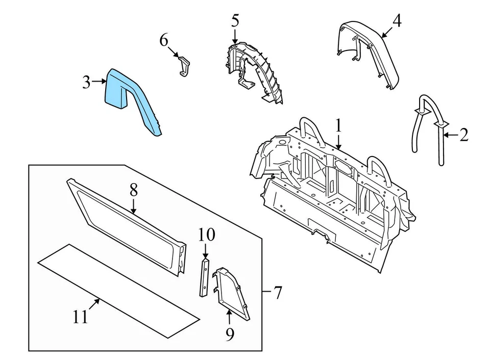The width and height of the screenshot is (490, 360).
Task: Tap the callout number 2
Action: [463, 135]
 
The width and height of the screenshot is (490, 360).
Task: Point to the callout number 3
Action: [87, 82]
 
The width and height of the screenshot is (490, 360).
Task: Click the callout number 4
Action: [397, 21]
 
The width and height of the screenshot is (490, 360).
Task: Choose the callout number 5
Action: [234, 21]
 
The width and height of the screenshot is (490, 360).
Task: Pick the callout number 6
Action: [163, 40]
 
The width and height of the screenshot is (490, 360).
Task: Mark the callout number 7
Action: [277, 293]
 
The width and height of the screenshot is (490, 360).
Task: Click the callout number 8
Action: [133, 191]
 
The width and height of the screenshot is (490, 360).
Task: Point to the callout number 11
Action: [80, 317]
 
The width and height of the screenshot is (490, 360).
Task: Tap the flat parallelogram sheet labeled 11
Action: [117, 291]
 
